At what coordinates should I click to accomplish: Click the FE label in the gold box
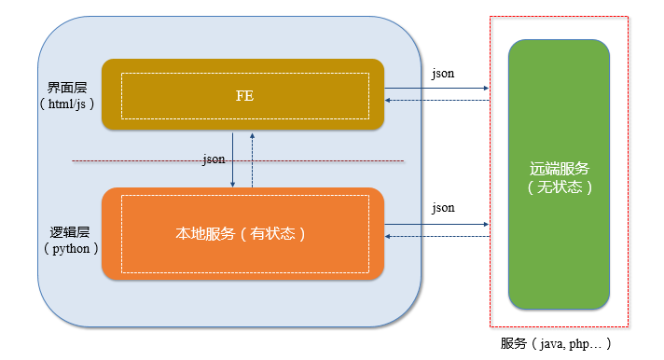click(x=244, y=95)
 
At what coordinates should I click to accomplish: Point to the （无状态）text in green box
click(x=559, y=186)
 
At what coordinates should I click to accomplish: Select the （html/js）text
click(x=67, y=104)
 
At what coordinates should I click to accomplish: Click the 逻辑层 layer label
click(x=67, y=229)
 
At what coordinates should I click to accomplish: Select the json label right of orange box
click(x=443, y=207)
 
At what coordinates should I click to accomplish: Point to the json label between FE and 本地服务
click(x=214, y=159)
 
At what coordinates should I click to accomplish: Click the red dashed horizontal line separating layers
click(x=140, y=161)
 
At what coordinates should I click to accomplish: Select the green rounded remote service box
click(x=559, y=261)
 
